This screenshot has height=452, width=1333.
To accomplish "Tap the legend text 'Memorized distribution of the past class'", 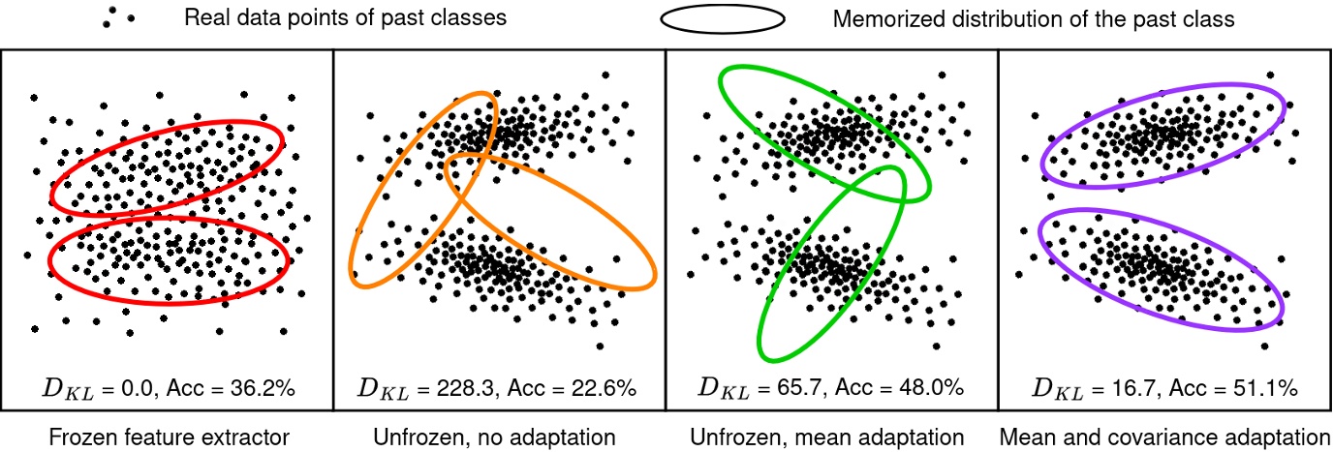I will click(x=1034, y=18).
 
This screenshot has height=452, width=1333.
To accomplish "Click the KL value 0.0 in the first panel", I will click(x=140, y=389).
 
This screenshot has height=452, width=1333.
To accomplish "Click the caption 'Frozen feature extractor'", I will click(x=166, y=437).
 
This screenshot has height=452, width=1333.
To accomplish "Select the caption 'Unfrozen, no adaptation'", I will click(x=494, y=437).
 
